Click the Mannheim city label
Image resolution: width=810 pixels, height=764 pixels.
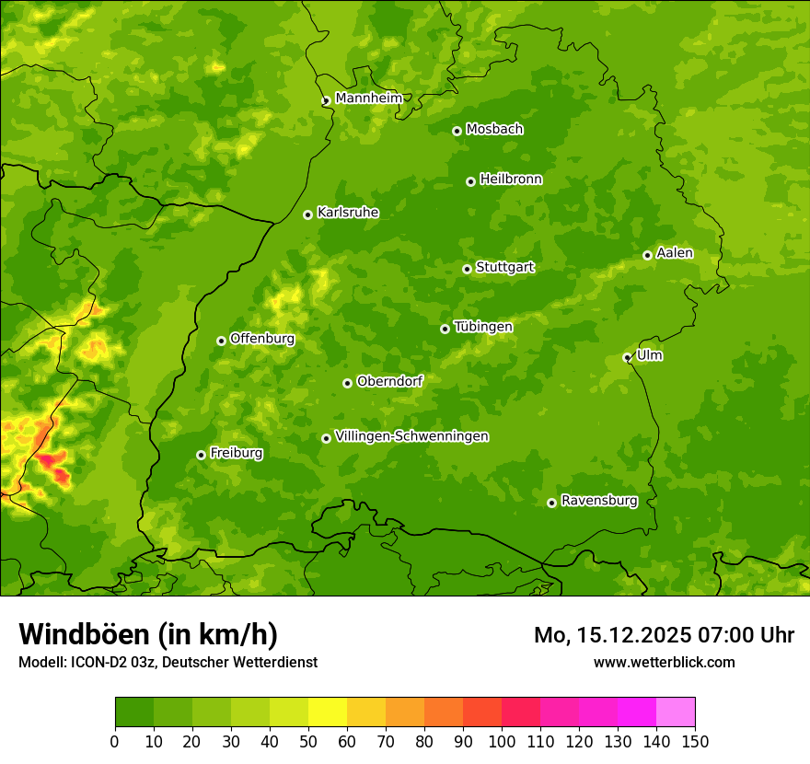coord(368,98)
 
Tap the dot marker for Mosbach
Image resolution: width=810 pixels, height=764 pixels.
coord(457,131)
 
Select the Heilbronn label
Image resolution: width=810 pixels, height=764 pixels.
coord(511,179)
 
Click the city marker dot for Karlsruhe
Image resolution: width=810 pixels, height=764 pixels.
coord(307,214)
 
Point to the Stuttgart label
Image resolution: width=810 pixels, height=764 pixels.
coord(504,267)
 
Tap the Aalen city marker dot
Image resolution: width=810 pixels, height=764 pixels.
coord(647,255)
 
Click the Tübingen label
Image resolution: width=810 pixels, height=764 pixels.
coord(483,326)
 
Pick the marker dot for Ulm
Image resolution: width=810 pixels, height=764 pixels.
coord(627,357)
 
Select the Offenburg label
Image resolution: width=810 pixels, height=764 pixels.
coord(262,338)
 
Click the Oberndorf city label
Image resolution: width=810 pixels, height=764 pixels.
coord(389,380)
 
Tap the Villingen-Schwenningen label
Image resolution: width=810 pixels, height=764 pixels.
coord(411,435)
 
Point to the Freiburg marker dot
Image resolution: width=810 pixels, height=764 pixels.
coord(201,455)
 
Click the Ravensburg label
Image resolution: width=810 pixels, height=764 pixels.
coord(599,500)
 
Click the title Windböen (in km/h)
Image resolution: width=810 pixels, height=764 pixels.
coord(147,634)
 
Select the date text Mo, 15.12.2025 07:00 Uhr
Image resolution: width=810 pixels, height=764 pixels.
coord(664,635)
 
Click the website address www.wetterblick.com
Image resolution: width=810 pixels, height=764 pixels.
coord(664,662)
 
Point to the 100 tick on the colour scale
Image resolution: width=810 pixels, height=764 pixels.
coord(502,741)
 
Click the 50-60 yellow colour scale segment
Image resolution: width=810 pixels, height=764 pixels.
coord(328,712)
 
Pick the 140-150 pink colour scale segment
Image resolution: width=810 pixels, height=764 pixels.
coord(676,712)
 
